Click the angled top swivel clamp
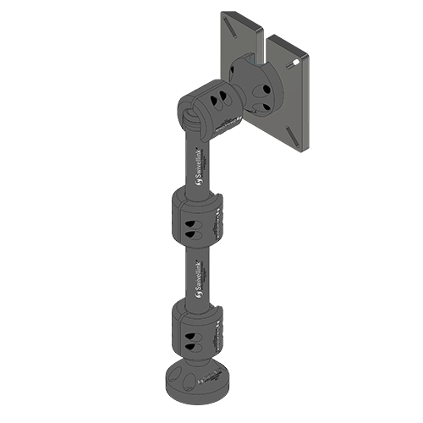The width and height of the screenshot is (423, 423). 209,109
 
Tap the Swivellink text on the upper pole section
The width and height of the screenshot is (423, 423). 197,166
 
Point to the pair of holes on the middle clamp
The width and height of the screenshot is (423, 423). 190,226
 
